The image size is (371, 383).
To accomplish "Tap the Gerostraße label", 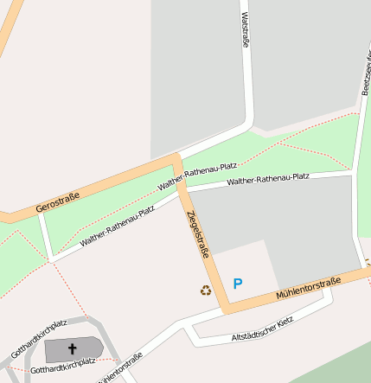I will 57,204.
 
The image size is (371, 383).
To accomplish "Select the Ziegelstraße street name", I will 195,233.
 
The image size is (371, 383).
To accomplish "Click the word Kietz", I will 284,320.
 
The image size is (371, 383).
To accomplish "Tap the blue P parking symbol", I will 238,283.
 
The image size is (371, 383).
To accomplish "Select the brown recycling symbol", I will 206,290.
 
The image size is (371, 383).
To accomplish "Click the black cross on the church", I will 72,349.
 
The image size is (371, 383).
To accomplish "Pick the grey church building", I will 86,350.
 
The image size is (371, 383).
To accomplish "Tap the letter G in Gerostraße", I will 38,212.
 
